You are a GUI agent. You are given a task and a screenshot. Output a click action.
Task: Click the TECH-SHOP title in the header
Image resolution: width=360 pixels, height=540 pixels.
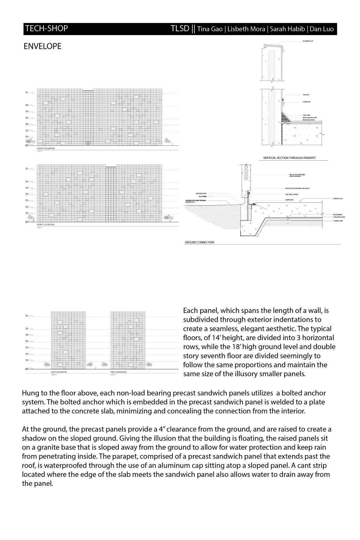[x=46, y=29]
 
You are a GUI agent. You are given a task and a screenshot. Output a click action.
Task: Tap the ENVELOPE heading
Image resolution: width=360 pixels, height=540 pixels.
[x=43, y=46]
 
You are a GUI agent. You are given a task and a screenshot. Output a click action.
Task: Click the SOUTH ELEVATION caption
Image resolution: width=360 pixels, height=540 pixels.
[x=46, y=148]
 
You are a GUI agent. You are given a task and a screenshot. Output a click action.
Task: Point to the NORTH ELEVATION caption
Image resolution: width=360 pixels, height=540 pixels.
[x=46, y=225]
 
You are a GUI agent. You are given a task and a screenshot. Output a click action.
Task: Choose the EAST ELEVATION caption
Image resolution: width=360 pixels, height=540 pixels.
[x=59, y=372]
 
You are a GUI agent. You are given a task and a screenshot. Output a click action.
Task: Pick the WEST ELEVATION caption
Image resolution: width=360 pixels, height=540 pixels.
[x=118, y=372]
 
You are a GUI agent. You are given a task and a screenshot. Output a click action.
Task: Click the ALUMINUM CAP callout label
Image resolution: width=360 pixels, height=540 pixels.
[x=308, y=41]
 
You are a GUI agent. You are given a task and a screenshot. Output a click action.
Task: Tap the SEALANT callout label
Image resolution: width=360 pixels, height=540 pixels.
[x=306, y=95]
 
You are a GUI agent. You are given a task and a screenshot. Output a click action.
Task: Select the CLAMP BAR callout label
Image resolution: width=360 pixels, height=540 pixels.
[x=307, y=102]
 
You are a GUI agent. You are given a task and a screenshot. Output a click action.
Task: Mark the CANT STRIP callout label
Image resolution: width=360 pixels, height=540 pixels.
[x=306, y=115]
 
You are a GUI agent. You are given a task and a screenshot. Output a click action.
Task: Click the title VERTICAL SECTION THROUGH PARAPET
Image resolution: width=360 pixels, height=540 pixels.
[x=289, y=158]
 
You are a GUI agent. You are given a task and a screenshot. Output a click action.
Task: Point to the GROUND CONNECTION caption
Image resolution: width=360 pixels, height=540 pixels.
[x=199, y=243]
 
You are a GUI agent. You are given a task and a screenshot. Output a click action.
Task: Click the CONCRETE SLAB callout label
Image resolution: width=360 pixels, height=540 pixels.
[x=338, y=199]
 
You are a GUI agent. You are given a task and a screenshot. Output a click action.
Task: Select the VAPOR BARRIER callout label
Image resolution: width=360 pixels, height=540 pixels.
[x=338, y=215]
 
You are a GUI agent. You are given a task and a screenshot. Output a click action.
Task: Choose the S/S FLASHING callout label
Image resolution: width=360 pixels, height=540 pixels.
[x=202, y=196]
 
